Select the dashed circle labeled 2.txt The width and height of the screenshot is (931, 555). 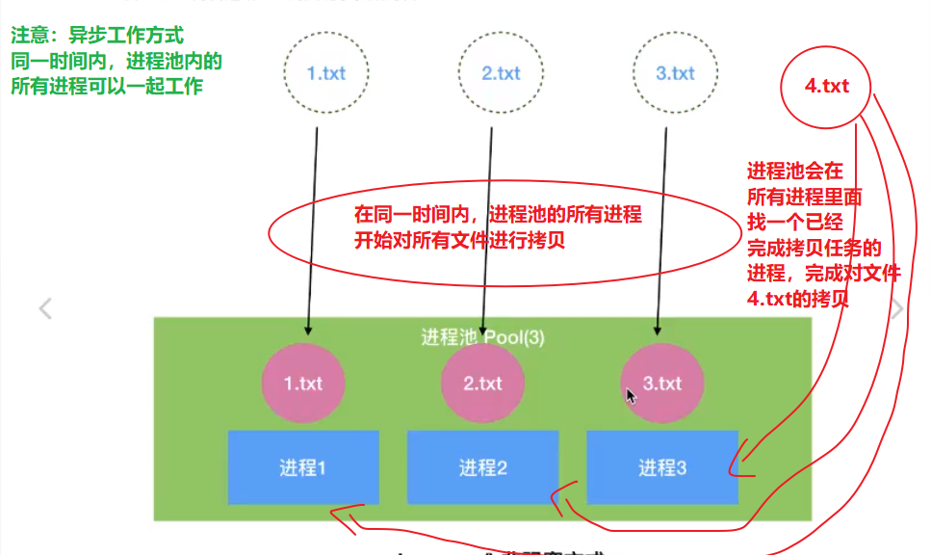pos(501,73)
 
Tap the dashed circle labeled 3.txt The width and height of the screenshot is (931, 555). pos(675,73)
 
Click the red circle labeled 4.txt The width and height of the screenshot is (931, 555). pos(826,86)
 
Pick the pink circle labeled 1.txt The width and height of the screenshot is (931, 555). pos(302,383)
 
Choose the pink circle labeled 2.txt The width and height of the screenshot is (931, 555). pos(482,383)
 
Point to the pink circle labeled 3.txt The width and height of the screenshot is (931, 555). pos(661,383)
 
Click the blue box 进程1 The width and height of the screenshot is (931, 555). pos(303,468)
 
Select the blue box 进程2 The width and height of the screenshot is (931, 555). pos(482,468)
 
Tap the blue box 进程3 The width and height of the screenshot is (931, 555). pos(662,468)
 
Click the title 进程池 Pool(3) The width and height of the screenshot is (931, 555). pos(482,337)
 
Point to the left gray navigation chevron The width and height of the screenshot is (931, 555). pos(44,308)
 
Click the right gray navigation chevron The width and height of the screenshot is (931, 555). pos(897,308)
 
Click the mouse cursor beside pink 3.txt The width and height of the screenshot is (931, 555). pos(631,396)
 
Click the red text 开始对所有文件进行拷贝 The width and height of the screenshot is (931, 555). pos(459,240)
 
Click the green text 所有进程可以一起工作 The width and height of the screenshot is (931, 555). pos(107,86)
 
